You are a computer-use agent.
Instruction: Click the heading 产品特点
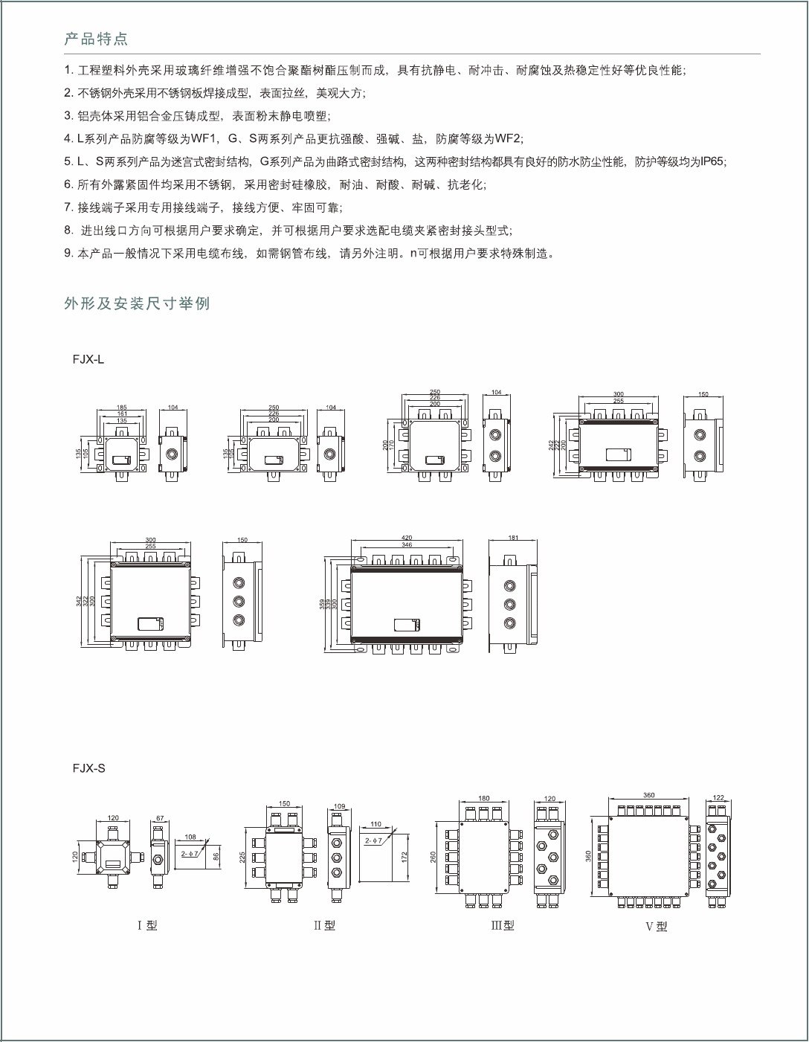point(96,39)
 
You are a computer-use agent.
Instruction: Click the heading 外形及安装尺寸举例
point(137,303)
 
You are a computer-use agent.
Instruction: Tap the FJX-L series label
point(88,359)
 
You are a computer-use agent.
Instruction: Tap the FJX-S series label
point(89,768)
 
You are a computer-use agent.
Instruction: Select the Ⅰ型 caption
point(147,925)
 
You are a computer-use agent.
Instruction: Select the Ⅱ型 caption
point(324,925)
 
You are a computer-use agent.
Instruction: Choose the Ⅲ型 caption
point(503,925)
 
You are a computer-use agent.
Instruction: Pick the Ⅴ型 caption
point(656,926)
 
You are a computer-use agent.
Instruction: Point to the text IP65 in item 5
point(713,161)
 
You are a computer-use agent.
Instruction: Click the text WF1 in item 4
point(202,138)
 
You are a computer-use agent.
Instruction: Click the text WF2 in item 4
point(508,138)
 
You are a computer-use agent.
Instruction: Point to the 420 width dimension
point(407,538)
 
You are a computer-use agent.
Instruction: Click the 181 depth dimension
point(513,538)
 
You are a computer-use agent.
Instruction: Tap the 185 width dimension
point(122,408)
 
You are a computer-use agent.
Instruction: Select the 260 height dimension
point(433,857)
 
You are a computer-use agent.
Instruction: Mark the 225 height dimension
point(242,857)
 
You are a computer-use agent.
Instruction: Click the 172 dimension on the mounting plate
point(405,857)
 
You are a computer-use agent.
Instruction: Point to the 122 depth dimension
point(718,797)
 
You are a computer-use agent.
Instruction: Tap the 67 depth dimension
point(160,818)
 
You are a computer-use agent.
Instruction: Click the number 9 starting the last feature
point(68,253)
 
